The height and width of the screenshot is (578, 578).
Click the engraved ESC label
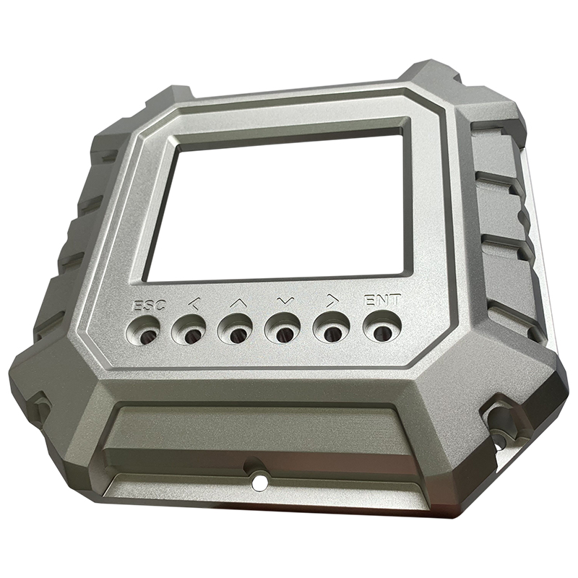150,305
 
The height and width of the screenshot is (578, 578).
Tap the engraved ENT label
382,301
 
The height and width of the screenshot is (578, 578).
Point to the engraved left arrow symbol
194,303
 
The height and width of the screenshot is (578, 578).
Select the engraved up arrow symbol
238,303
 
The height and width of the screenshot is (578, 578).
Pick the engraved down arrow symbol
286,301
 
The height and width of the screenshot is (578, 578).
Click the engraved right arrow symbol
332,301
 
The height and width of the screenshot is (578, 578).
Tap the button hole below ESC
144,331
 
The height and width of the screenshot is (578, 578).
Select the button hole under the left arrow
189,330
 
